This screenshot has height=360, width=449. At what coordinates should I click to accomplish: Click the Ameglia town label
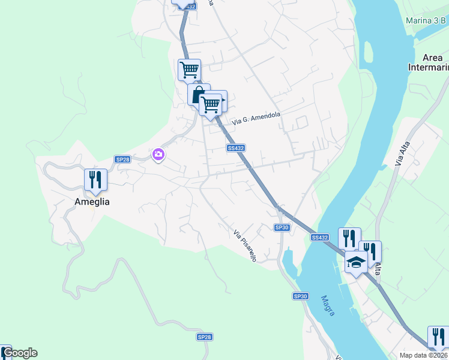point(92,202)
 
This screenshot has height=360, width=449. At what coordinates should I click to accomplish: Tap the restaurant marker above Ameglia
point(95,180)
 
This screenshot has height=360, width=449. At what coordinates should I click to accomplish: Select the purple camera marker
point(158,155)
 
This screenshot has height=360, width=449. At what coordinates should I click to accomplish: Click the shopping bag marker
point(197,95)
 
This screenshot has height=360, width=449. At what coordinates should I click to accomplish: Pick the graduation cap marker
point(356,262)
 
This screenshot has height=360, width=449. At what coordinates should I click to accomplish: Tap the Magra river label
point(328,305)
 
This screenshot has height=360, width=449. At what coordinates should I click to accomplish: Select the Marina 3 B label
point(426,20)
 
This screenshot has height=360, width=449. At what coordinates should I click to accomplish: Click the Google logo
point(19,353)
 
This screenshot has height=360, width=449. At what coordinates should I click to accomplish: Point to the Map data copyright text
point(424,355)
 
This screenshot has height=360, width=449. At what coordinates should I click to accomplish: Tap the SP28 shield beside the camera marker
point(122,159)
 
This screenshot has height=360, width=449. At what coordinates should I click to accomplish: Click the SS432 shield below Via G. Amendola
point(235,148)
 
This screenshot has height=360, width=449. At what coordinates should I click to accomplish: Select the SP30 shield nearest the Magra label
point(300,296)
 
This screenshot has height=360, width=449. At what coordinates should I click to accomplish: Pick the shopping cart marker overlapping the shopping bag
point(210,104)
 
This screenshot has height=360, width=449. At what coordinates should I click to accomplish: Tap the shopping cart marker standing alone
point(189,70)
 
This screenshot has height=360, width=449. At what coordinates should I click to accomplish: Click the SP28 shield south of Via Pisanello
point(205,337)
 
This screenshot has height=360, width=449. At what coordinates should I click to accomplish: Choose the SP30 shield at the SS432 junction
point(282,227)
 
